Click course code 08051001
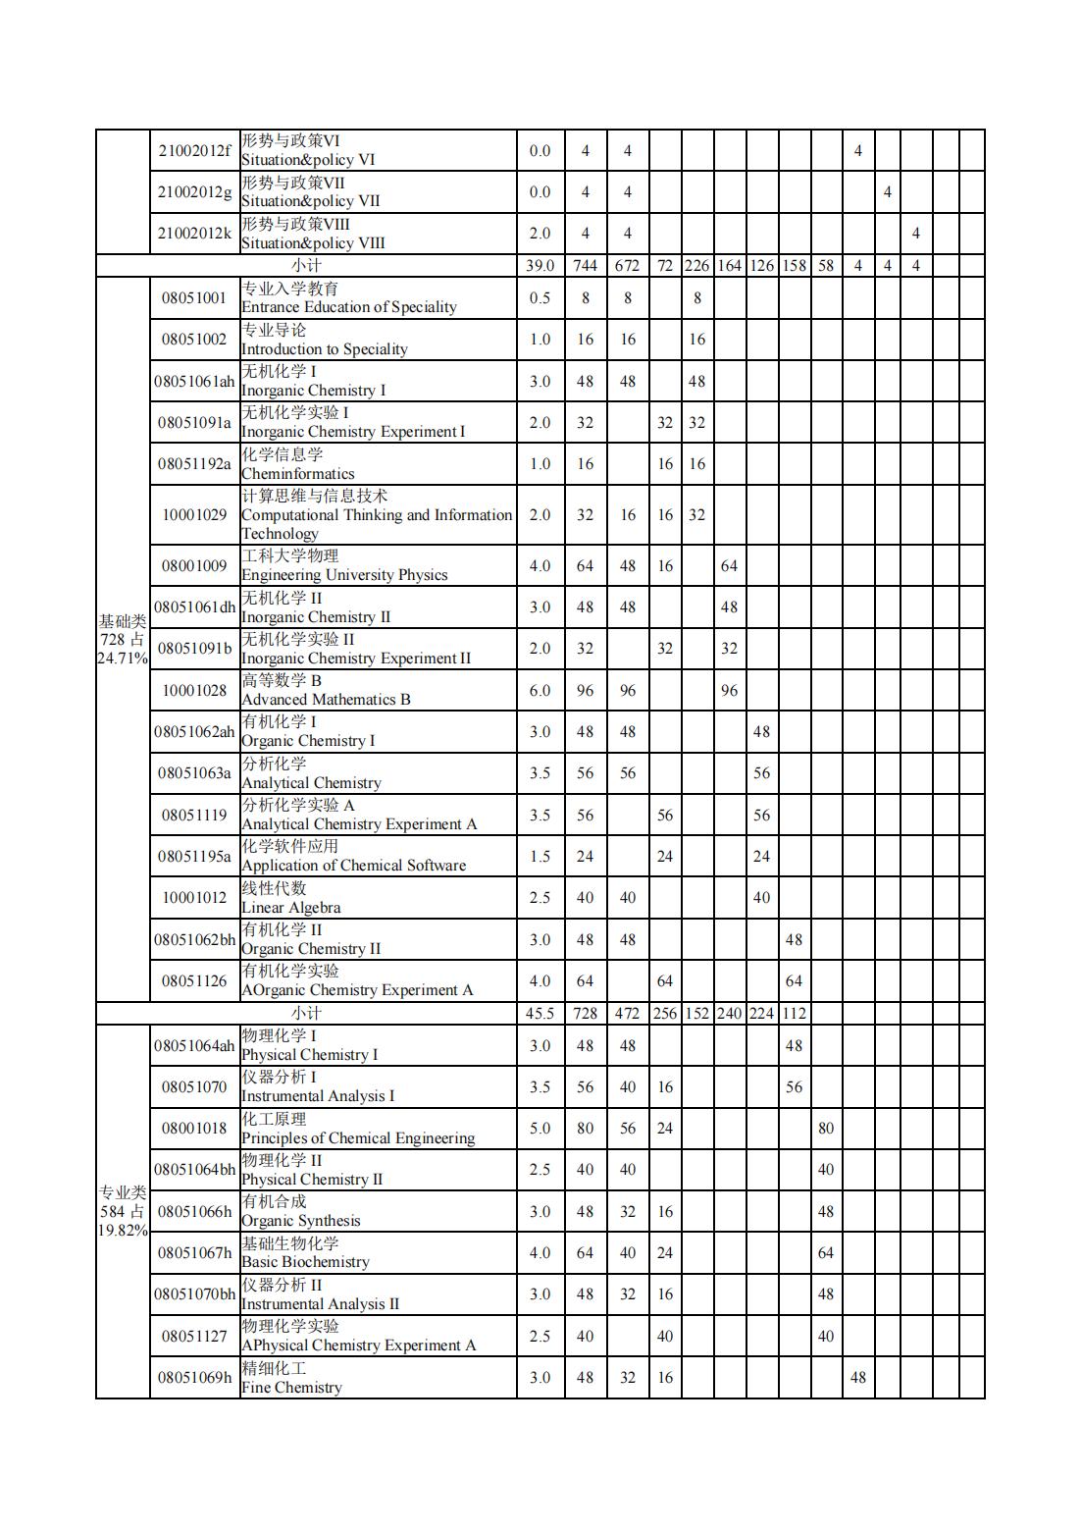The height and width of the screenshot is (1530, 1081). click(194, 297)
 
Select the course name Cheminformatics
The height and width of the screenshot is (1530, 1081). click(298, 473)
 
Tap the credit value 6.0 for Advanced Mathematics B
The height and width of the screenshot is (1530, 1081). click(540, 690)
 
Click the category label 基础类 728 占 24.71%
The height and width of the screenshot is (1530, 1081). click(123, 639)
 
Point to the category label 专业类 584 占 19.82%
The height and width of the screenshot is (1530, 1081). click(123, 1211)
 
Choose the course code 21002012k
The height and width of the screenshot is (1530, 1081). click(194, 234)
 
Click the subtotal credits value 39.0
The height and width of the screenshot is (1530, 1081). click(540, 265)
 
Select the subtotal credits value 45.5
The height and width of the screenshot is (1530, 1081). click(540, 1013)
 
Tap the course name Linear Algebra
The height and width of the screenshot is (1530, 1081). click(291, 907)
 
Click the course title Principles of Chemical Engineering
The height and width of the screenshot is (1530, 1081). click(358, 1137)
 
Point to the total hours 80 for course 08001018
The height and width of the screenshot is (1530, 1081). click(585, 1129)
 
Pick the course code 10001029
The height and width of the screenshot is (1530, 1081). click(194, 514)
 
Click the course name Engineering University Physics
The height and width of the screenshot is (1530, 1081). click(344, 575)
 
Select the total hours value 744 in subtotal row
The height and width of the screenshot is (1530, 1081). click(585, 265)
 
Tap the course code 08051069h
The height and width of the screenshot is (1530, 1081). click(194, 1377)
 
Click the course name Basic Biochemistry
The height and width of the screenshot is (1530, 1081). click(305, 1262)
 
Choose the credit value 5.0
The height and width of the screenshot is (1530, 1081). click(540, 1129)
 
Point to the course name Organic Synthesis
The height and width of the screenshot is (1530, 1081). click(301, 1220)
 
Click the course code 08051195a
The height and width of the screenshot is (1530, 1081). click(194, 856)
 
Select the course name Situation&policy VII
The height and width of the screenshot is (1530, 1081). click(311, 201)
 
